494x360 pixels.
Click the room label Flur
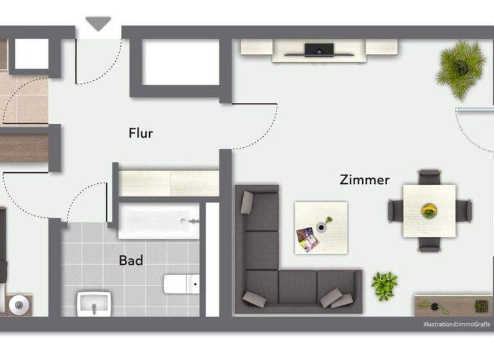pos(141,134)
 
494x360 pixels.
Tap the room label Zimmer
pos(364,180)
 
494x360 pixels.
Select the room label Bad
pos(131,261)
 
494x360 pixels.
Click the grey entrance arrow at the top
pos(98,24)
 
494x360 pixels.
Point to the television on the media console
pos(319,50)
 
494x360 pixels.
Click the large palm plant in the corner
pos(461,67)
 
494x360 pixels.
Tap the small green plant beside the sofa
pos(384,285)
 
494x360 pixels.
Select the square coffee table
pos(321,227)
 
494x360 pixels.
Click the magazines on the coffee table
pos(307,239)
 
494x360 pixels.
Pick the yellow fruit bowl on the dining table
pos(428,210)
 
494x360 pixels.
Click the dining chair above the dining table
pos(429,177)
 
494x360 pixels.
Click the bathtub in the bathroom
pos(159,221)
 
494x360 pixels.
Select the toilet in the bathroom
pos(180,283)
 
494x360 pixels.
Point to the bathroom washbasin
pos(94,303)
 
